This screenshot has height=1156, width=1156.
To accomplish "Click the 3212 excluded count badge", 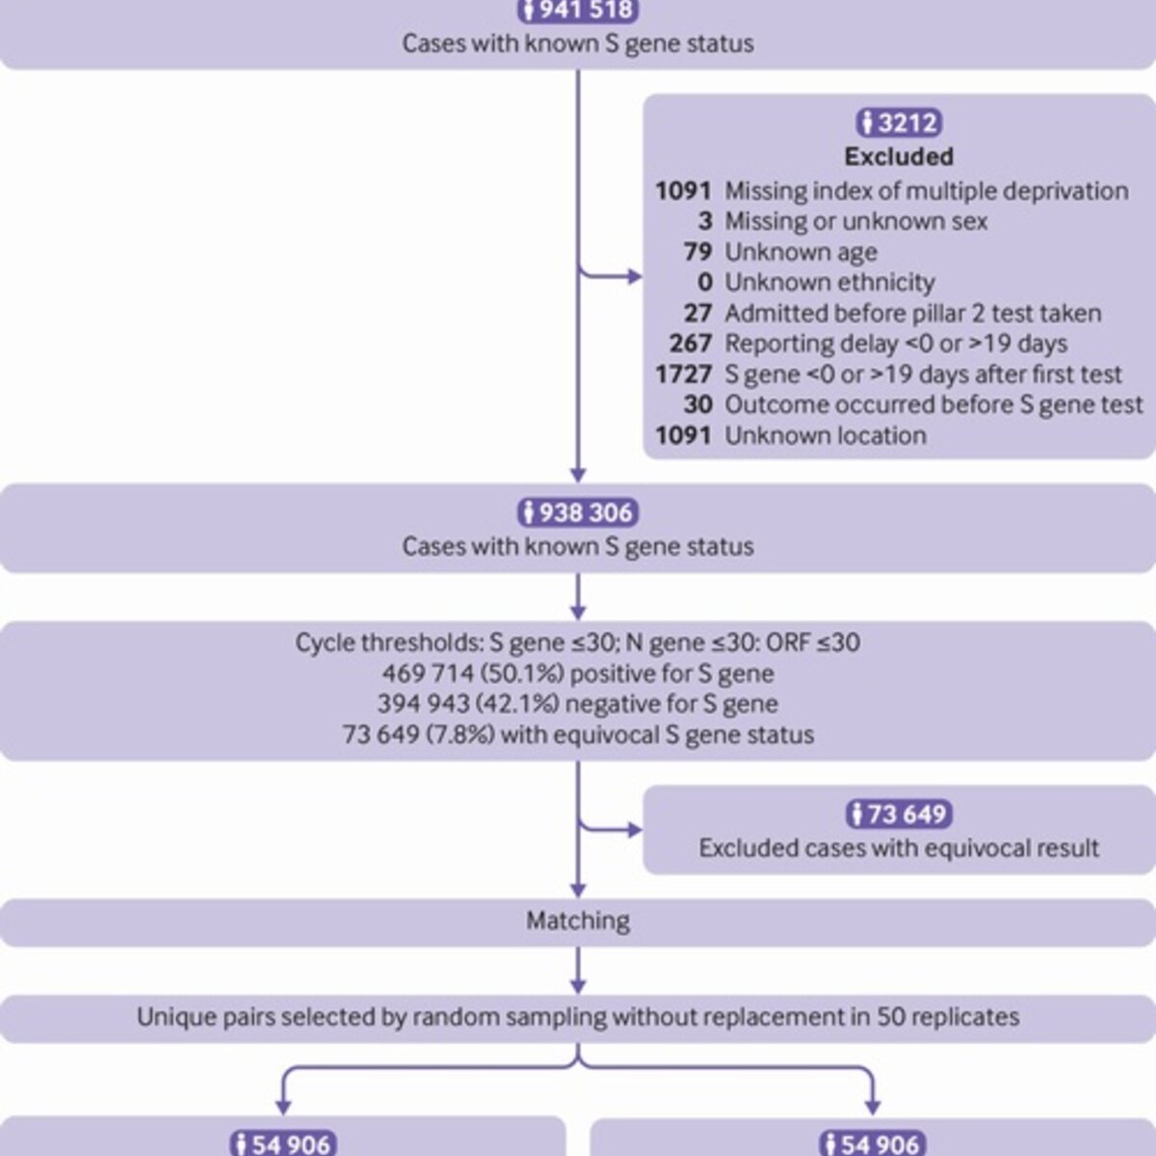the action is coord(899,123).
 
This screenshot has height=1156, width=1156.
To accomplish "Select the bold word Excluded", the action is coord(899,157).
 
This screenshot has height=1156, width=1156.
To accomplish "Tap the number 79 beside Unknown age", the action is coord(698,252).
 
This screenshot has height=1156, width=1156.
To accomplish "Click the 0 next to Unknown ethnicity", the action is coord(705,282).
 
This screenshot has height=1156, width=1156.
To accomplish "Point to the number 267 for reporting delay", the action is coord(691,344).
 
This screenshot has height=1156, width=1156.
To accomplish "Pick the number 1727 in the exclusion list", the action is coord(684,375).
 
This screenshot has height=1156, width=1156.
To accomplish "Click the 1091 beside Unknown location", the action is coord(684,435).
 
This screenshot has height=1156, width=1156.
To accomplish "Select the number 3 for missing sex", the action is coord(705,222).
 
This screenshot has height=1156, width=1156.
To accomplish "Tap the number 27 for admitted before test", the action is coord(698,313).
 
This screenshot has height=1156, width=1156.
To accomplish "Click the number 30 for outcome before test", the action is coord(698,405).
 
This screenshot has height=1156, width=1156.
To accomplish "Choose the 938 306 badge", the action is coord(578,512).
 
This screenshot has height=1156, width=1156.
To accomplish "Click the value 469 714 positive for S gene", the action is coord(429,673).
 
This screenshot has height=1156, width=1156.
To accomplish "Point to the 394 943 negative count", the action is coord(424,704).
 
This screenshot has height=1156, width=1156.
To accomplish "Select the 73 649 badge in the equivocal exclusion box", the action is coord(899,814).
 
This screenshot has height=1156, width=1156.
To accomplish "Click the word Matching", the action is coord(578,921).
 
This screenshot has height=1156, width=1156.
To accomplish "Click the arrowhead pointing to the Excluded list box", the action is coord(635,277).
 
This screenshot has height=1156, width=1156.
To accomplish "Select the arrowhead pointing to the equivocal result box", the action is coord(635,830).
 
